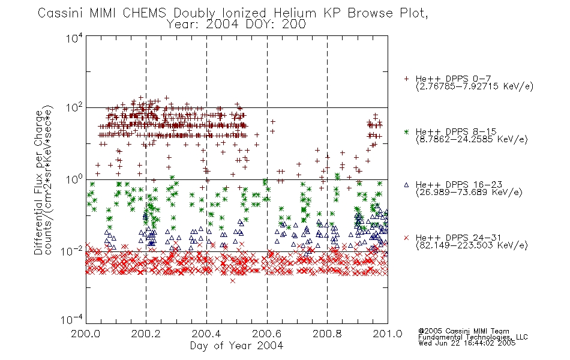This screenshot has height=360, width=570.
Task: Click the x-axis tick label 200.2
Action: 146,334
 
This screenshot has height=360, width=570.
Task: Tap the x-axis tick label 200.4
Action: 206,334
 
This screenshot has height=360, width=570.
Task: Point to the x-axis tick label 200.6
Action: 266,334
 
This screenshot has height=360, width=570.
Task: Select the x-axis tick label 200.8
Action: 327,334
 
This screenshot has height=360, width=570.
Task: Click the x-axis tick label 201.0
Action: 388,334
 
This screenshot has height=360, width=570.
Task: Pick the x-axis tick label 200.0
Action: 85,334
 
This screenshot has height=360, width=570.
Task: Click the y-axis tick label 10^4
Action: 74,37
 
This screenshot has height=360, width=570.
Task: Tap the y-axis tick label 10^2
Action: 74,107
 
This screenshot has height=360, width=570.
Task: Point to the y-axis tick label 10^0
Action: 74,179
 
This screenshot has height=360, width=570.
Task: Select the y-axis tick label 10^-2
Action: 72,251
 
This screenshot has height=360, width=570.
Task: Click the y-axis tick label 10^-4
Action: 72,320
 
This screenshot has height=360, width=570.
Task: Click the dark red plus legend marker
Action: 406,79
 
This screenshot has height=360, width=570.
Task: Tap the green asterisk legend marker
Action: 406,131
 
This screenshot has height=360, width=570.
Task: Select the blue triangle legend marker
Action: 406,185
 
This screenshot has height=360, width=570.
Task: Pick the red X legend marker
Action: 406,238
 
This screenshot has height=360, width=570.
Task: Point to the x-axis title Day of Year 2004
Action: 236,346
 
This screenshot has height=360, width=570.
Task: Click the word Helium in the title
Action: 295,13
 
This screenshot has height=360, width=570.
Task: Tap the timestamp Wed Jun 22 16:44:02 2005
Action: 467,343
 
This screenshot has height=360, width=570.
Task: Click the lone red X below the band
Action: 233,281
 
